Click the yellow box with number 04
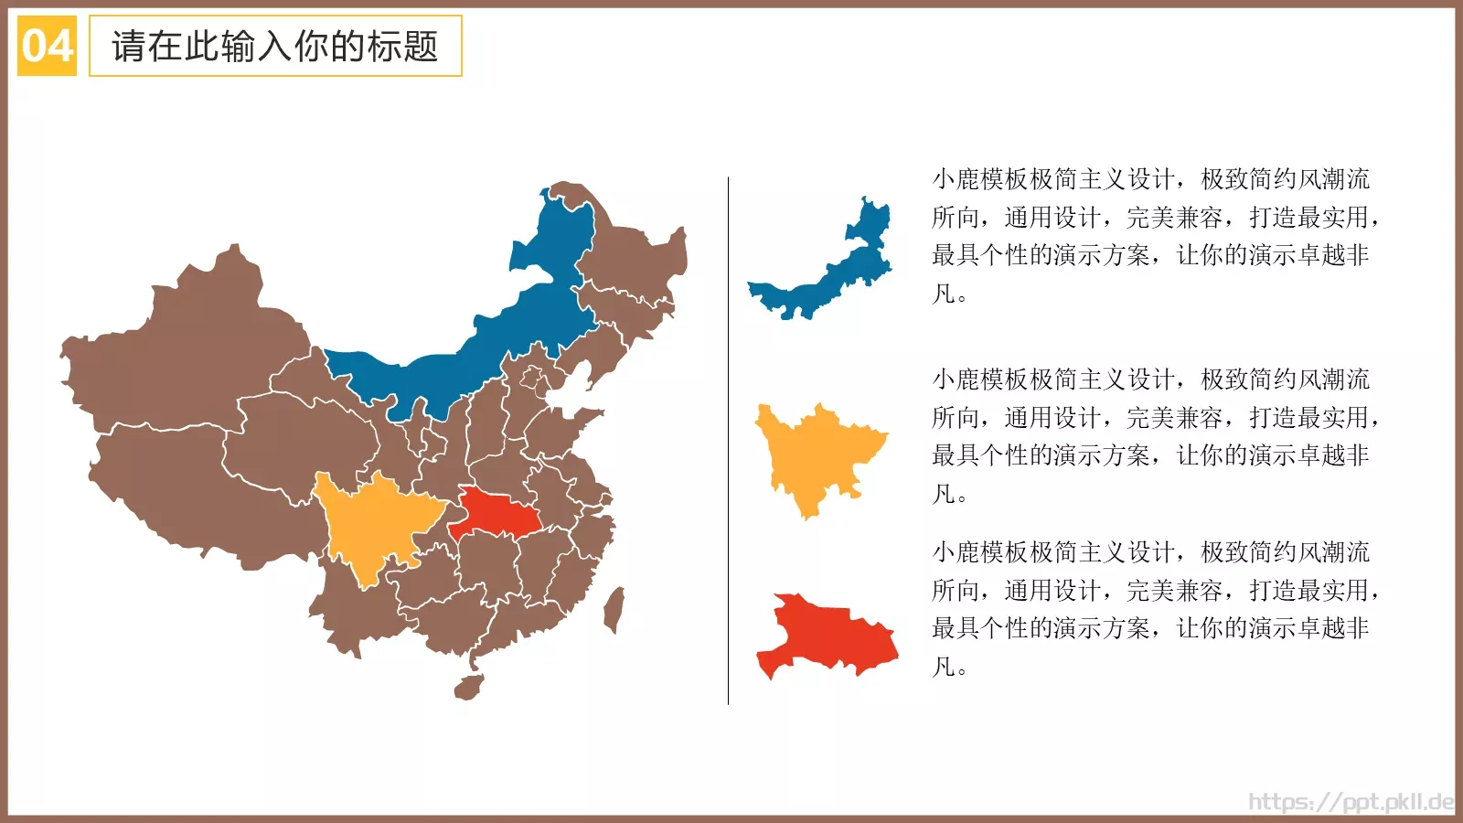click(x=47, y=46)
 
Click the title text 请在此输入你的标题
click(x=274, y=46)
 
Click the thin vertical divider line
click(x=728, y=439)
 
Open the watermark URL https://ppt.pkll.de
click(x=1351, y=802)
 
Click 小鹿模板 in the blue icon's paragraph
click(x=980, y=179)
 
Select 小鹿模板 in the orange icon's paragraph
click(x=980, y=379)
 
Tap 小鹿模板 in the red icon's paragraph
click(x=980, y=552)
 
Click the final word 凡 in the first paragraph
click(x=943, y=294)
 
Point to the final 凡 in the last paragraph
click(x=943, y=667)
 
